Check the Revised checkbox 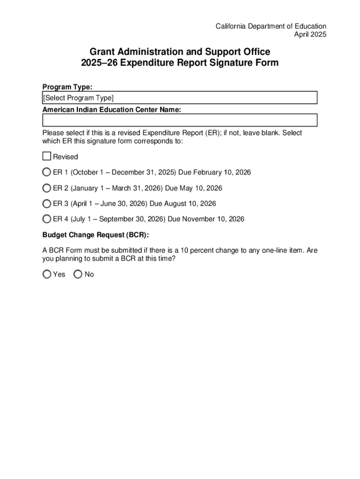pos(46,156)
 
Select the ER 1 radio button pos(47,172)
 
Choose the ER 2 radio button pos(47,188)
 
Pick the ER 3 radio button pos(47,203)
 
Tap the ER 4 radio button pos(47,219)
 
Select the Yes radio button pos(47,274)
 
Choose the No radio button pos(78,274)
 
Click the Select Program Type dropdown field pos(180,98)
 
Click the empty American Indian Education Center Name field pos(180,120)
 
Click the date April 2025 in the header pos(310,35)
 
